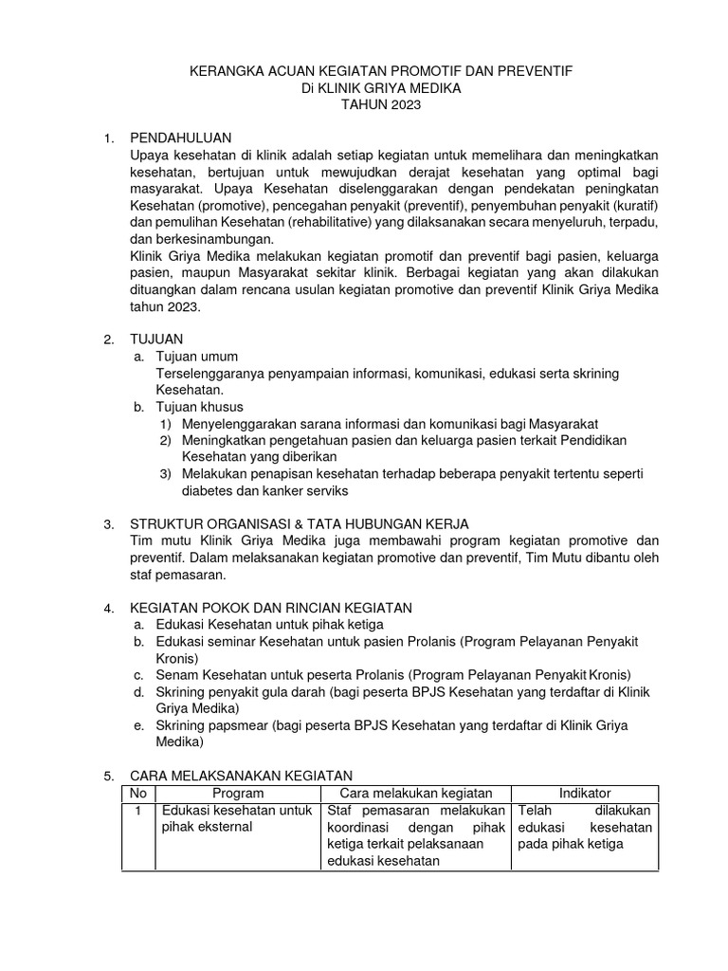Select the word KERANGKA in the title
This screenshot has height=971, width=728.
(x=225, y=71)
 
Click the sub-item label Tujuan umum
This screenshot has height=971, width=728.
(x=196, y=357)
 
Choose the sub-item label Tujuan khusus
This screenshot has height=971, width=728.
(x=199, y=407)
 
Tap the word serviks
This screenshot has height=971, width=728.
(x=325, y=491)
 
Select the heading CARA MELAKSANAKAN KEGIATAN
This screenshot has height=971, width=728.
(x=241, y=776)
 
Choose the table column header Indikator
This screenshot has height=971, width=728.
(x=585, y=793)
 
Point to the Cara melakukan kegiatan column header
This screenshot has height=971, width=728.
(x=417, y=793)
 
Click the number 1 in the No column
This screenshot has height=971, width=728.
(x=137, y=811)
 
